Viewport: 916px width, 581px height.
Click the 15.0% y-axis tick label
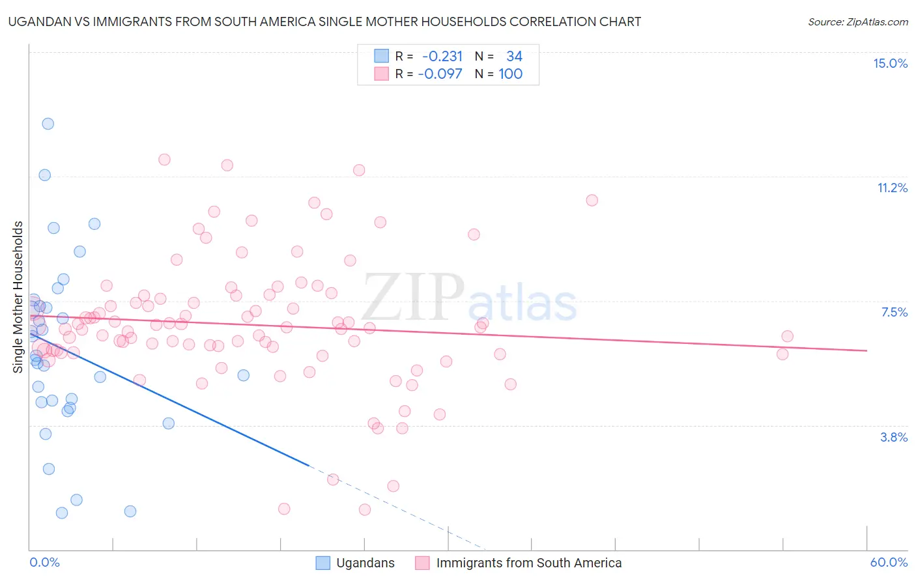point(890,63)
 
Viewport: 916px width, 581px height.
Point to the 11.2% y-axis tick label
point(892,188)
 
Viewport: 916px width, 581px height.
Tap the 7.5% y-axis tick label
point(894,312)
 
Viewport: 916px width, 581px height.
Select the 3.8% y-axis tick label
point(893,437)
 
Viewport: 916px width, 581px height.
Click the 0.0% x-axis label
point(44,562)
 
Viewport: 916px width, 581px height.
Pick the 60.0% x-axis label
point(888,562)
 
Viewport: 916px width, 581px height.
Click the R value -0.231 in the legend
point(442,56)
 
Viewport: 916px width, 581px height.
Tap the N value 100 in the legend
point(510,74)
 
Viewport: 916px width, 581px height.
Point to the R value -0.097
point(440,74)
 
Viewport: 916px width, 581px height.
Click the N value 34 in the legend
point(514,56)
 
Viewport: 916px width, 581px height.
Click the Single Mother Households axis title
point(18,297)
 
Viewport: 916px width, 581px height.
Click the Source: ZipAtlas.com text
point(857,21)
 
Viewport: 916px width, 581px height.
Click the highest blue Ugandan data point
point(48,124)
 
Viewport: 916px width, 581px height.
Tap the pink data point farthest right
point(787,336)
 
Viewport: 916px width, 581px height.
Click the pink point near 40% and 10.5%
point(592,200)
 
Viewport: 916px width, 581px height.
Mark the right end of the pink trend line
point(866,350)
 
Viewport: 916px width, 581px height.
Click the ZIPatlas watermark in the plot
point(469,298)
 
